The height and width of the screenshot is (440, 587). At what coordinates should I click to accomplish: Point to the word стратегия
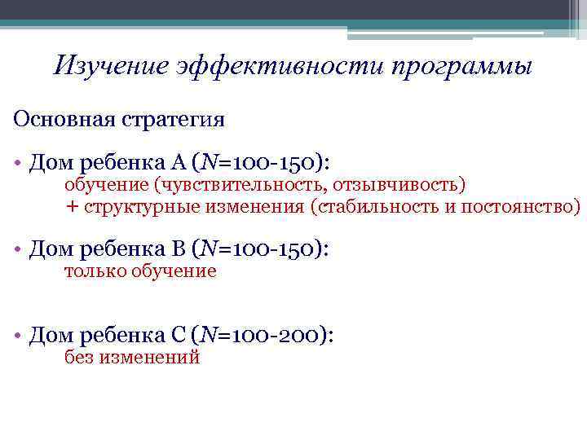172,120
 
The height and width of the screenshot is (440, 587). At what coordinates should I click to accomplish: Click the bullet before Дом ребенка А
17,162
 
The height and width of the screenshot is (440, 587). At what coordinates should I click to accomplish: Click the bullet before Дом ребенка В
17,249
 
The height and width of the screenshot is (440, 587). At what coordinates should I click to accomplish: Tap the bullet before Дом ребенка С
17,335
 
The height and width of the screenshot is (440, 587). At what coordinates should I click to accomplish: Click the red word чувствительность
245,183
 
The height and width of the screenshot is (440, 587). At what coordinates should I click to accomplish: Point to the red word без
79,357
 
